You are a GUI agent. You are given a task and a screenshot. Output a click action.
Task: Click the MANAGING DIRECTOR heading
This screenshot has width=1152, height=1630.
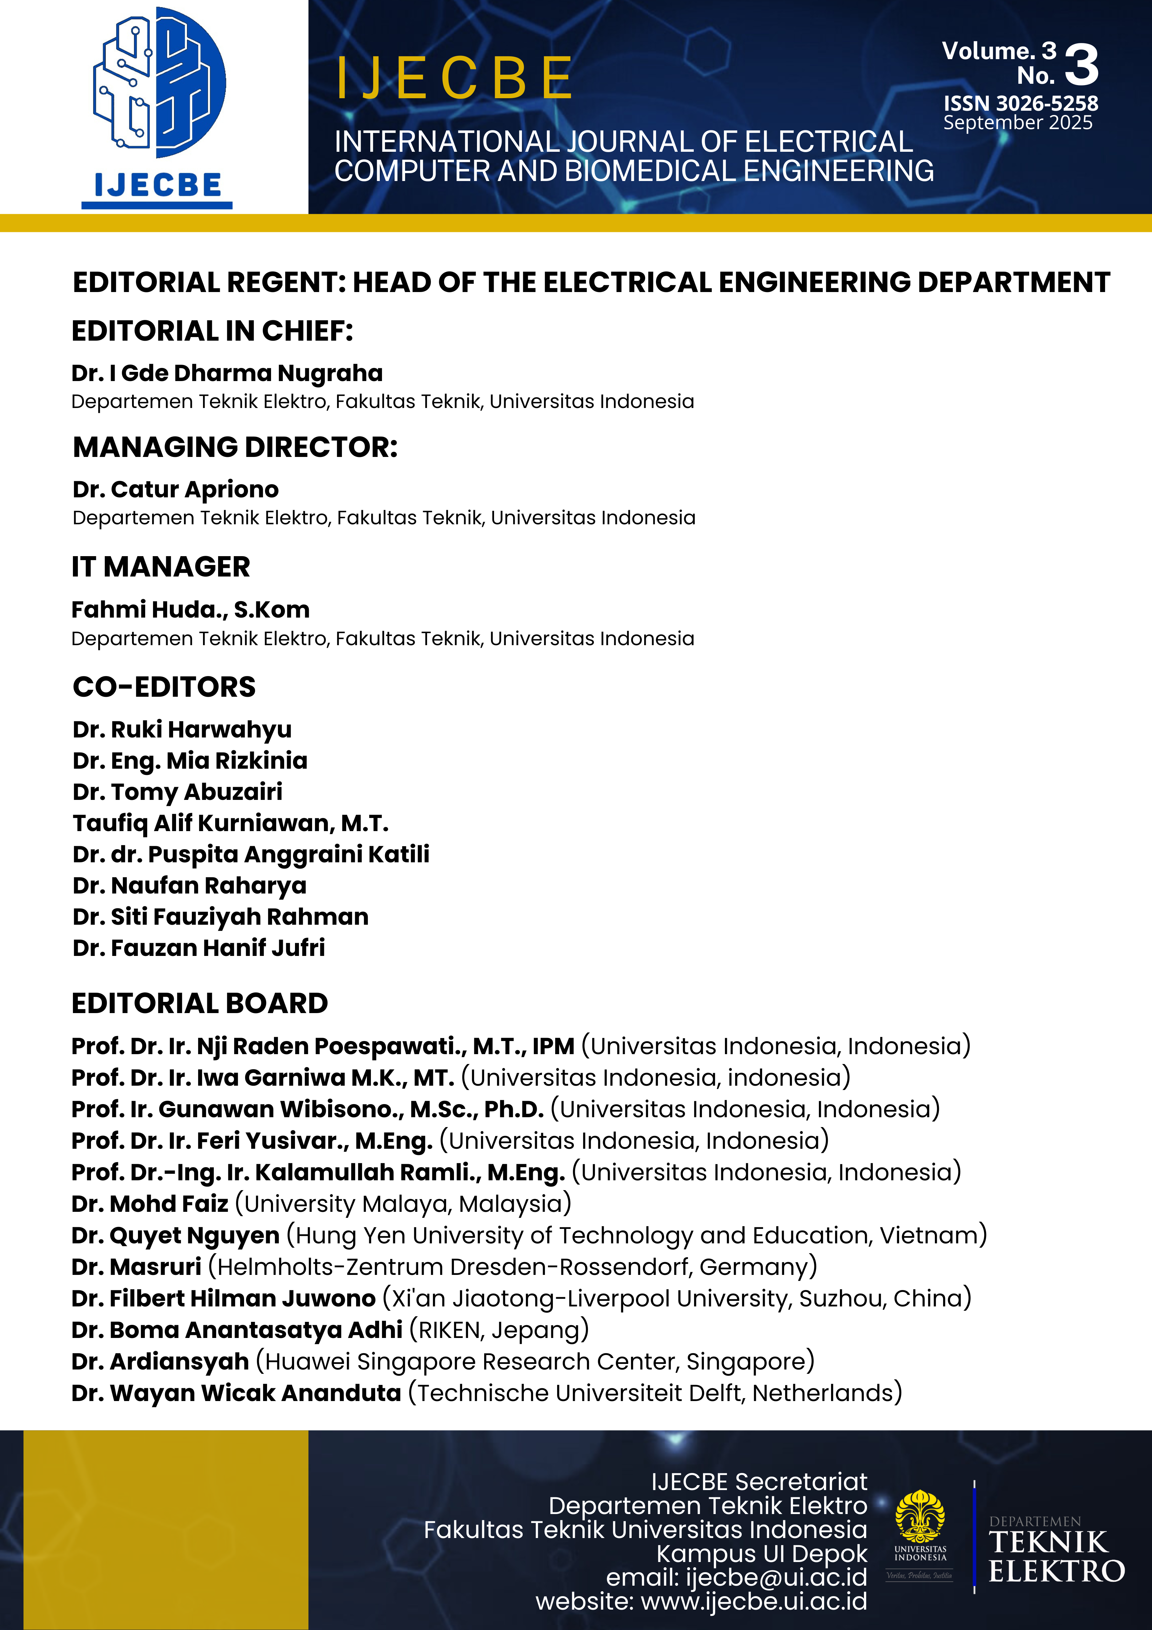click(235, 447)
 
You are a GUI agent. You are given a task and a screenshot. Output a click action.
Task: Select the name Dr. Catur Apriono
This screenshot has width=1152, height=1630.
click(175, 490)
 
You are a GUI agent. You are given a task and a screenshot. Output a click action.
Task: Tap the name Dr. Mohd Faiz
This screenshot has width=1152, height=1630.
click(150, 1204)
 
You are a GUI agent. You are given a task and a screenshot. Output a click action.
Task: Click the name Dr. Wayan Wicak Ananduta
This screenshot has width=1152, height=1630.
click(237, 1393)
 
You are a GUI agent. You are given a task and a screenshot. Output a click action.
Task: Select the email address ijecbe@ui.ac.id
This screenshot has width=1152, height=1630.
click(776, 1577)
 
